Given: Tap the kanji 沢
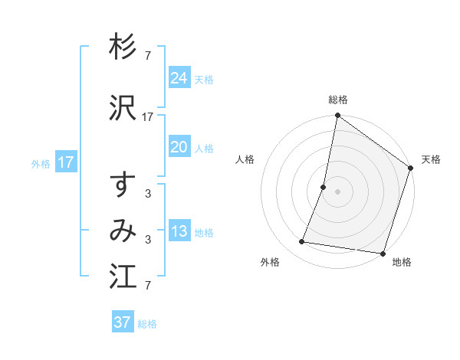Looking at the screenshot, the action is tap(123, 108).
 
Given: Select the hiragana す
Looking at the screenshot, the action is tap(123, 185).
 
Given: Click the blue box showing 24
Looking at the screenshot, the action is tap(179, 78).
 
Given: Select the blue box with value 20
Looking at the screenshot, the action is tap(179, 147).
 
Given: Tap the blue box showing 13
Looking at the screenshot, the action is tap(179, 231).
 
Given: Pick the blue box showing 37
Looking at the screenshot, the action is tap(122, 322).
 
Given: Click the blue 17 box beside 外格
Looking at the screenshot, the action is tap(65, 162).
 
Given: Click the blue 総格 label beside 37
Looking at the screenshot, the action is tap(147, 324).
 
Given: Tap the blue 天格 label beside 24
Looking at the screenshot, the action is tap(204, 80).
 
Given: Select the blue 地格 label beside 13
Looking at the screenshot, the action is tap(204, 233).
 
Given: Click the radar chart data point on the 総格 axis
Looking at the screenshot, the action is tap(337, 116).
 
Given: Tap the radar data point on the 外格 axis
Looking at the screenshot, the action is tap(302, 242).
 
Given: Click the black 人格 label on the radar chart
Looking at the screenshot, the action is tap(245, 159).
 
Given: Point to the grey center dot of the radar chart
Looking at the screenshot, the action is tap(337, 191).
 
